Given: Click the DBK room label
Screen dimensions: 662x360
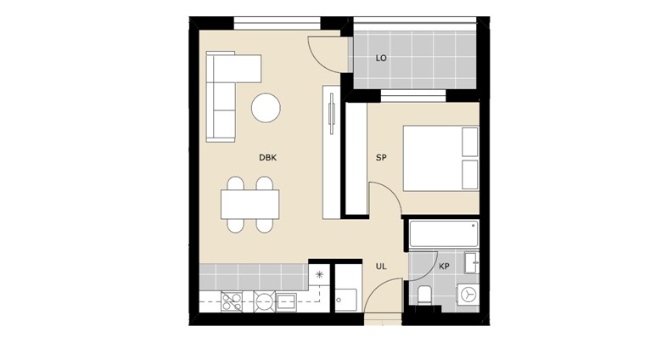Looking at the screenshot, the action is (x=267, y=158).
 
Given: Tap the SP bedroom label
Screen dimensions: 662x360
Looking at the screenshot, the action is (x=381, y=158).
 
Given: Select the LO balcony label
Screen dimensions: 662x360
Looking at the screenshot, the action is (x=381, y=58).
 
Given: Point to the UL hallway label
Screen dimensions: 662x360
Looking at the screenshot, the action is (x=381, y=267).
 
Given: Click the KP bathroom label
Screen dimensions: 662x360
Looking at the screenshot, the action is (x=444, y=267).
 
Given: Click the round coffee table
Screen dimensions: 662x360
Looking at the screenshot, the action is (x=266, y=108).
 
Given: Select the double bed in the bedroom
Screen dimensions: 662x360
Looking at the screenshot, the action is (x=440, y=158).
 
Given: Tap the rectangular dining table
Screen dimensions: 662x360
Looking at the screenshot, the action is (x=250, y=204).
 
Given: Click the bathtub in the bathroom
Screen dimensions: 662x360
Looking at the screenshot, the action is (x=444, y=233).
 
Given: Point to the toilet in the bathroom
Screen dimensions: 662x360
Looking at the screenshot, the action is (x=424, y=295).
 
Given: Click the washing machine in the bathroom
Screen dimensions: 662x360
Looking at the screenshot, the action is (x=468, y=295).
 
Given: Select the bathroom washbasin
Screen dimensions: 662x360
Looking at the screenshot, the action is (x=472, y=263).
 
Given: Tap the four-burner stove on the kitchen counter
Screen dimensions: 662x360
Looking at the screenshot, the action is (x=232, y=301).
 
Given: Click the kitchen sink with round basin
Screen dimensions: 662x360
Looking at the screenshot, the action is (x=264, y=301).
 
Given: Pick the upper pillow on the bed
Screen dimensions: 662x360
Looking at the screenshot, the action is (x=470, y=142).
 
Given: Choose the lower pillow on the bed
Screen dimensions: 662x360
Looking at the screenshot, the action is (x=470, y=175).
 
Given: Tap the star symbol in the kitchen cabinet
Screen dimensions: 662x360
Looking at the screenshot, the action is (x=319, y=275).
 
